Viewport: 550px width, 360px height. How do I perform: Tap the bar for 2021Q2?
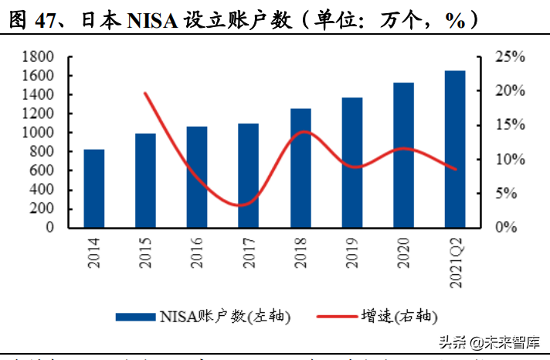455,149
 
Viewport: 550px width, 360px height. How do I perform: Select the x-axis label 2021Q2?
455,259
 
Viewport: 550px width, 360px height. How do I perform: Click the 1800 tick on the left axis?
39,57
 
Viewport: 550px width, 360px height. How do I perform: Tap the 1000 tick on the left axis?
39,133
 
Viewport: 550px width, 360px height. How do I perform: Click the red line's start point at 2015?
146,93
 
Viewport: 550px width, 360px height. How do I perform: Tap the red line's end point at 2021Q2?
455,169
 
